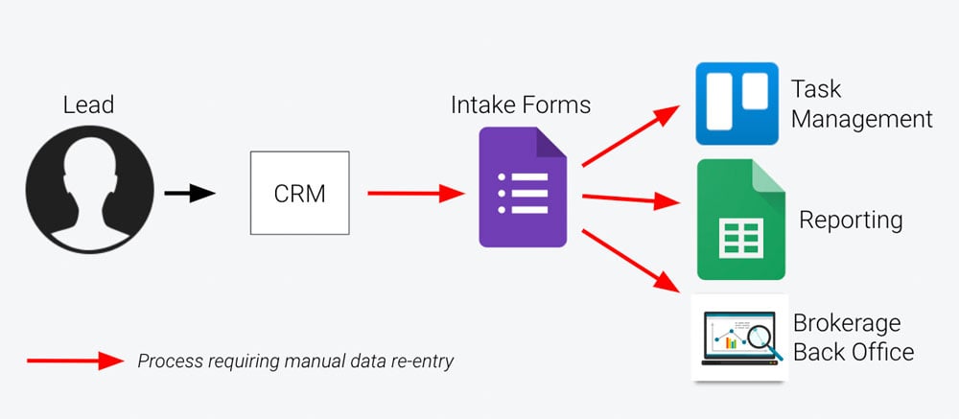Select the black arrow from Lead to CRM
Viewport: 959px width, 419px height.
(x=189, y=194)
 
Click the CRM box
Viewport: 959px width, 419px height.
(x=300, y=194)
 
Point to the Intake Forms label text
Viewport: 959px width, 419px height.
(x=521, y=103)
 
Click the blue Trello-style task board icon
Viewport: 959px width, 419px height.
(x=736, y=104)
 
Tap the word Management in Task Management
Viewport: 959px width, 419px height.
(x=861, y=119)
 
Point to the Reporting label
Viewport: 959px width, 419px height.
(x=851, y=220)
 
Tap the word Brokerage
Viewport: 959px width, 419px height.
(x=847, y=322)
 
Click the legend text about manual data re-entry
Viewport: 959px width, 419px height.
(x=295, y=361)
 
